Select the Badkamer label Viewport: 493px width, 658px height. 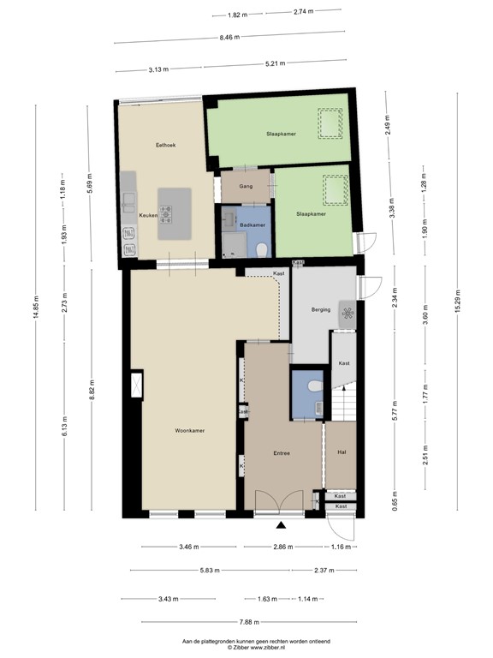coord(252,224)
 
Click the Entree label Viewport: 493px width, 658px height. coord(282,453)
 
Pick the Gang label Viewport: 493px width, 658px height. coord(246,186)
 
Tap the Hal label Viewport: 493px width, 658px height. coord(342,452)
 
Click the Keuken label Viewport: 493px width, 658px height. coord(147,215)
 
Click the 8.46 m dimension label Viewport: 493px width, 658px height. coord(230,37)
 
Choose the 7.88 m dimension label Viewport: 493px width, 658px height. coord(248,623)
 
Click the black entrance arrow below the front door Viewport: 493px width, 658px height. coord(281,524)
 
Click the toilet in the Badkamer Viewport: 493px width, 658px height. coord(261,248)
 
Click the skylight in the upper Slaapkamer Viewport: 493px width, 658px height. coord(328,123)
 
